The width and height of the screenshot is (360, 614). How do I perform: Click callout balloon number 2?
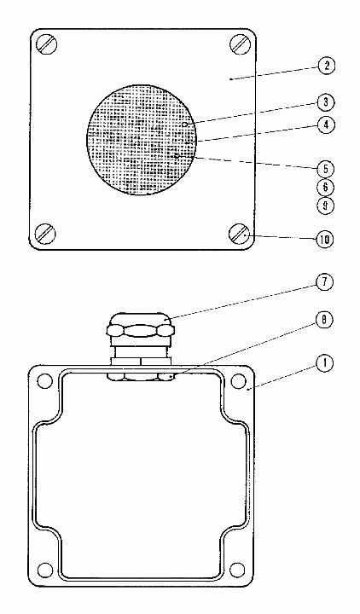pos(327,66)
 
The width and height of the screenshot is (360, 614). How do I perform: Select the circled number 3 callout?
pos(326,102)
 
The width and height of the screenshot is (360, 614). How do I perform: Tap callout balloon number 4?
pos(326,125)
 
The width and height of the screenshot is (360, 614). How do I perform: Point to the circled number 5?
pos(326,170)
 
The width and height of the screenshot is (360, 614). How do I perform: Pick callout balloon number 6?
pos(326,187)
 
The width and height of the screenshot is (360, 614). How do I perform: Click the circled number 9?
pos(326,206)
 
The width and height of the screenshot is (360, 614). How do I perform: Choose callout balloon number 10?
pos(325,240)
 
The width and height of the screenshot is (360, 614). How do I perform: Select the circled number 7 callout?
pos(325,283)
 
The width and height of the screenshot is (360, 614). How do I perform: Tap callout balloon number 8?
pos(324,320)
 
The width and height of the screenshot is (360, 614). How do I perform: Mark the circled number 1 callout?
pos(324,364)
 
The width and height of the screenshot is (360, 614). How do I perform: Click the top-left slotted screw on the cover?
pos(48,44)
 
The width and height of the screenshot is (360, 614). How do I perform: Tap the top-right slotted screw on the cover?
pos(240,43)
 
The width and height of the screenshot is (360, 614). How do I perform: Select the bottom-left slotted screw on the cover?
pos(45,234)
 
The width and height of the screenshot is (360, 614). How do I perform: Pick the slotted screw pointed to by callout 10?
pos(239,234)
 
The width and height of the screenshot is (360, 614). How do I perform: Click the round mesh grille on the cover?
pos(142,139)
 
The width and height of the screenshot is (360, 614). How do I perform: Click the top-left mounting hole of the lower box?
pos(45,380)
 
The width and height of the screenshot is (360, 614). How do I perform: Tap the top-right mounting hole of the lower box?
pos(237,380)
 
